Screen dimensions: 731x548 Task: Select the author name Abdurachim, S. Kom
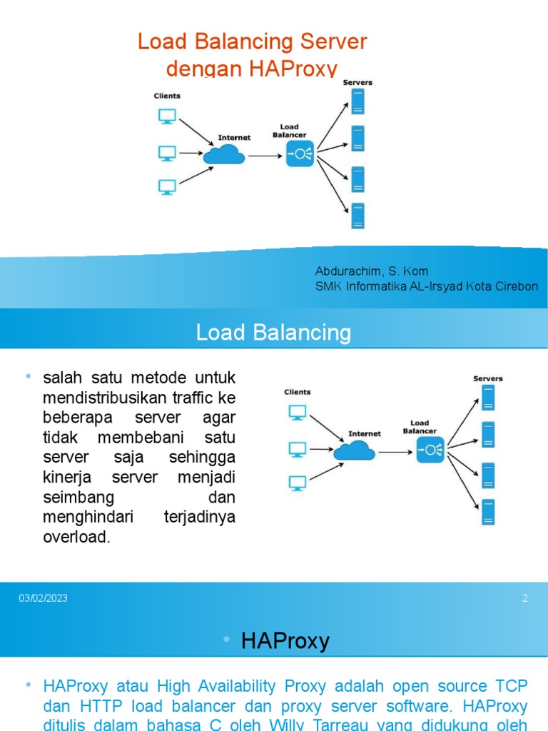pos(372,271)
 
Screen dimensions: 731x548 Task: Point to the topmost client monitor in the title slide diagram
pos(167,116)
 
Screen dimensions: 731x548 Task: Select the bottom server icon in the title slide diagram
pos(357,216)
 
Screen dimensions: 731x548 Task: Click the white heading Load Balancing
pos(274,333)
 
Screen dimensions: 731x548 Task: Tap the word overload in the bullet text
pos(76,537)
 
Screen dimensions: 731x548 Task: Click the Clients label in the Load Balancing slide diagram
pos(298,392)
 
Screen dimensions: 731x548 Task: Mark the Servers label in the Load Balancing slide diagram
pos(488,378)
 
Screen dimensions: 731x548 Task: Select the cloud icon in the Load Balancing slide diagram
pos(355,450)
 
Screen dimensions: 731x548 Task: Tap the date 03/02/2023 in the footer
pos(43,598)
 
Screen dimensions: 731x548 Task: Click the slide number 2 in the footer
pos(525,598)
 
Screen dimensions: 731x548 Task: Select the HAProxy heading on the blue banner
pos(285,641)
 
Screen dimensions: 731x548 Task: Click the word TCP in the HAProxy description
pos(511,687)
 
